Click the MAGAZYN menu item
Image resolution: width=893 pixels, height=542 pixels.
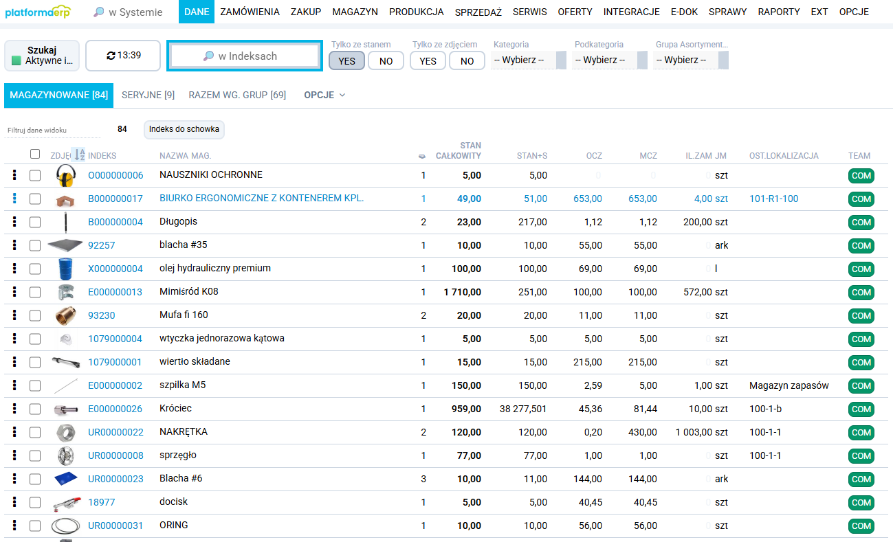tap(355, 12)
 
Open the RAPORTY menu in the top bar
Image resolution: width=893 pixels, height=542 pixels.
tap(778, 12)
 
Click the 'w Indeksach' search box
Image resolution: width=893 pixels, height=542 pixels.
tap(245, 56)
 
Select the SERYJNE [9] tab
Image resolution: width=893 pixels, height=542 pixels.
tap(148, 95)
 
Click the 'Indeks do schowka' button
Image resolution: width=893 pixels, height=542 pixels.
tap(184, 129)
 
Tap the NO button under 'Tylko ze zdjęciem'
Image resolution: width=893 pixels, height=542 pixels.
tap(467, 61)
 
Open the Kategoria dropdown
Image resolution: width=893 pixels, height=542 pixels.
tap(528, 60)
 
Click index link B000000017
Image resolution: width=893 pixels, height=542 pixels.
tap(115, 199)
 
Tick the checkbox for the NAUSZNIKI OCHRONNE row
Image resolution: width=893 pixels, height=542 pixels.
tap(35, 176)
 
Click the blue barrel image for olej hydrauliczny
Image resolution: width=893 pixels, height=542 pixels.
tap(65, 269)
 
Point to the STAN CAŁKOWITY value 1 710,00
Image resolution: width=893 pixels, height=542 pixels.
tap(462, 293)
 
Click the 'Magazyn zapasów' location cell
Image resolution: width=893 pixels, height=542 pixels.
tap(789, 386)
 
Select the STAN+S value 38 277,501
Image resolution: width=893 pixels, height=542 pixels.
tap(523, 409)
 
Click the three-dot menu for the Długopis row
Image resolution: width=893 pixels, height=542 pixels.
tap(14, 222)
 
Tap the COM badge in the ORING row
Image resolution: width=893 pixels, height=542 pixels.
tap(861, 526)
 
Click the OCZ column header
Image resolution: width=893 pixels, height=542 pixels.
tap(594, 156)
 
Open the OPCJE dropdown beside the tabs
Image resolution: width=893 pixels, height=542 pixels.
tap(324, 95)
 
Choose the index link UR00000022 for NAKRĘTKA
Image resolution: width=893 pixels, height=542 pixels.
tap(115, 433)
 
